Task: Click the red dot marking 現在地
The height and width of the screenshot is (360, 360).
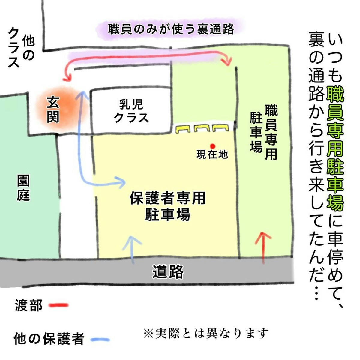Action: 213,146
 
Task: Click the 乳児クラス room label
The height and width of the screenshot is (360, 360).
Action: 131,111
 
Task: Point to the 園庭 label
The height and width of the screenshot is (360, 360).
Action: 23,188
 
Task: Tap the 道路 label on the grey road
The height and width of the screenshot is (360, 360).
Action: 168,272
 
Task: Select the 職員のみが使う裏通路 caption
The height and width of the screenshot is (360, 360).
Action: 171,29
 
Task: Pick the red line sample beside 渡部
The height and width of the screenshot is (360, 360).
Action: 58,305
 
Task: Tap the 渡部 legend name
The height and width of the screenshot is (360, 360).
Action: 28,306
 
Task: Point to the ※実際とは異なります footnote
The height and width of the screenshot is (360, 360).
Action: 206,333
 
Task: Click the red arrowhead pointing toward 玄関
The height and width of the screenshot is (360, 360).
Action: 67,78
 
